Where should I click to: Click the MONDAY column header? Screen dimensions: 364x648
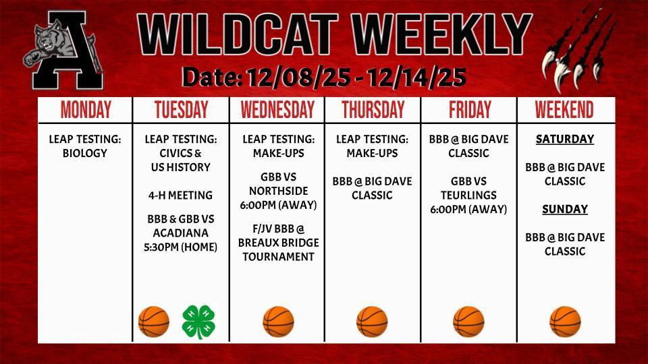(86, 110)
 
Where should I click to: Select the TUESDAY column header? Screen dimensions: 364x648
(181, 110)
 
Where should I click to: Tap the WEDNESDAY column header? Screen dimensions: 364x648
(277, 110)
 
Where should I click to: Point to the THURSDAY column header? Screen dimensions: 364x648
(373, 110)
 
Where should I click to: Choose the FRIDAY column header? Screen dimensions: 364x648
(468, 110)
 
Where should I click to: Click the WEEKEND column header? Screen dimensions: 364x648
(564, 110)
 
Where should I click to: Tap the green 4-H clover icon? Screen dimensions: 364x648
(199, 322)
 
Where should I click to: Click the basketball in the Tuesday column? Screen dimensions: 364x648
(154, 322)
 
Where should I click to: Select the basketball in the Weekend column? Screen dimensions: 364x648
(565, 322)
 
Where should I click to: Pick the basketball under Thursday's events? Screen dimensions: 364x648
(372, 322)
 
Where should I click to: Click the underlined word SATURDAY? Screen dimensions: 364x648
(565, 140)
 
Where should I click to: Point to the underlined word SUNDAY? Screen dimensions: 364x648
(565, 210)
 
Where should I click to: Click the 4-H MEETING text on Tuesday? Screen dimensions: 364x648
(180, 195)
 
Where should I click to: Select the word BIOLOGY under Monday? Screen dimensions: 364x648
(85, 154)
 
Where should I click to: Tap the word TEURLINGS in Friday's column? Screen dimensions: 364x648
(468, 195)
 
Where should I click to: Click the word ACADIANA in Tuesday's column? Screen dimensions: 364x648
(181, 233)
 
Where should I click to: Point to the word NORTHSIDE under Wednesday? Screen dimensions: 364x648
(277, 191)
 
